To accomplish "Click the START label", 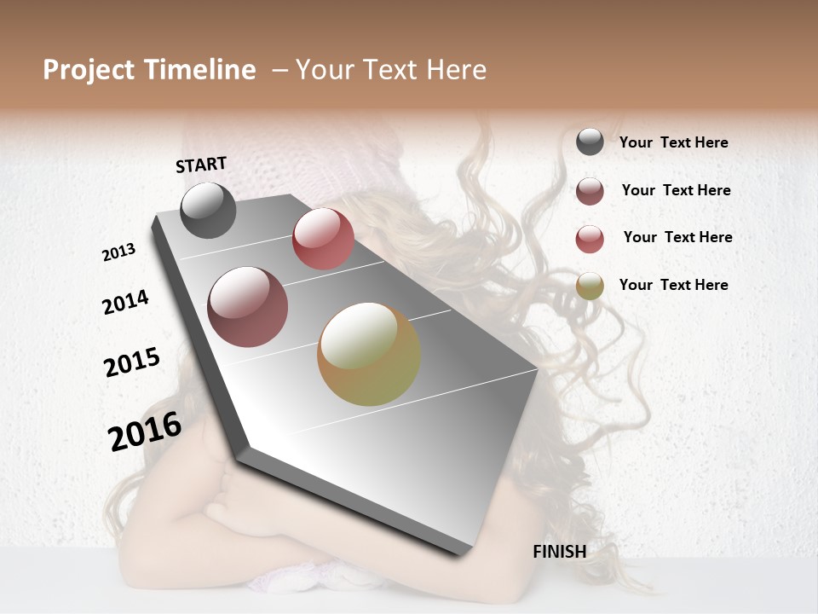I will click(201, 165).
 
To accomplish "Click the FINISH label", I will click(559, 552).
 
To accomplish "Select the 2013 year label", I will click(119, 252).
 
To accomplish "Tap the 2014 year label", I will click(125, 303).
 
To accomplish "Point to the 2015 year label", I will click(132, 362).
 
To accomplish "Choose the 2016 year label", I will click(145, 432).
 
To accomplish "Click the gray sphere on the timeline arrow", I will click(208, 210).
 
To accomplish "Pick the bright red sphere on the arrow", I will click(323, 239).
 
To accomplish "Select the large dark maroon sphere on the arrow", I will click(248, 307).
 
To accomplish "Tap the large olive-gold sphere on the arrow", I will click(369, 354).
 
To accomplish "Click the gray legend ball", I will click(590, 142).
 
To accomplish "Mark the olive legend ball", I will click(590, 286).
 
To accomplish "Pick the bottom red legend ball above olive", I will click(590, 239).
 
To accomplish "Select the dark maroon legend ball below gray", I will click(590, 191).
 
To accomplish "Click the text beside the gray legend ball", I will click(673, 143).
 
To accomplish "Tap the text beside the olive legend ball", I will click(673, 285).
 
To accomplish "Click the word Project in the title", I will click(88, 70).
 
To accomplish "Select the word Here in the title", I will click(457, 70).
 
